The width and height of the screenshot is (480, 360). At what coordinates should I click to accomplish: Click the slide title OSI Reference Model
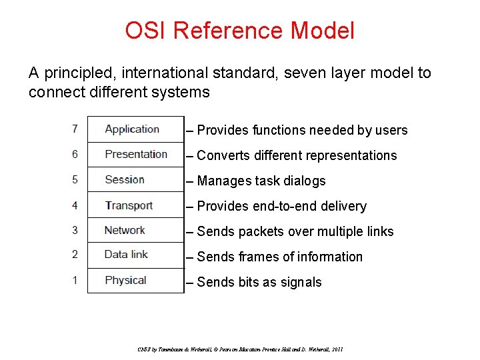click(239, 31)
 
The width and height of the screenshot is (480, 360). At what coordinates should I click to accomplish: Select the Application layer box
click(135, 129)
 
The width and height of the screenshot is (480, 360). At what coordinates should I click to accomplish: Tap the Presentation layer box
click(135, 154)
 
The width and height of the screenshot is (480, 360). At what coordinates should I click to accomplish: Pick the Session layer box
click(135, 179)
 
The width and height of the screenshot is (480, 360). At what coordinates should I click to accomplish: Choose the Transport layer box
click(135, 205)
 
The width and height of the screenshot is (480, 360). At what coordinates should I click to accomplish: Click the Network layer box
click(135, 230)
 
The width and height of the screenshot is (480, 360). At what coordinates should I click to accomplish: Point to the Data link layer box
click(135, 255)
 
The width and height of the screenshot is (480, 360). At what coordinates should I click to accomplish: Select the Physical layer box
click(135, 280)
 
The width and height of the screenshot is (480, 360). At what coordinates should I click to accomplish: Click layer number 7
click(75, 129)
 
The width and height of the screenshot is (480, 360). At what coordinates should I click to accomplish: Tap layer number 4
click(75, 205)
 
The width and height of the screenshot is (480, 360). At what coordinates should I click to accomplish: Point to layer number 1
click(75, 280)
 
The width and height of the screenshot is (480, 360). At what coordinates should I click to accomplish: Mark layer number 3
click(75, 230)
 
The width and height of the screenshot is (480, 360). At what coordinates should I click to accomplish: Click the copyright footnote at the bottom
click(239, 349)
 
